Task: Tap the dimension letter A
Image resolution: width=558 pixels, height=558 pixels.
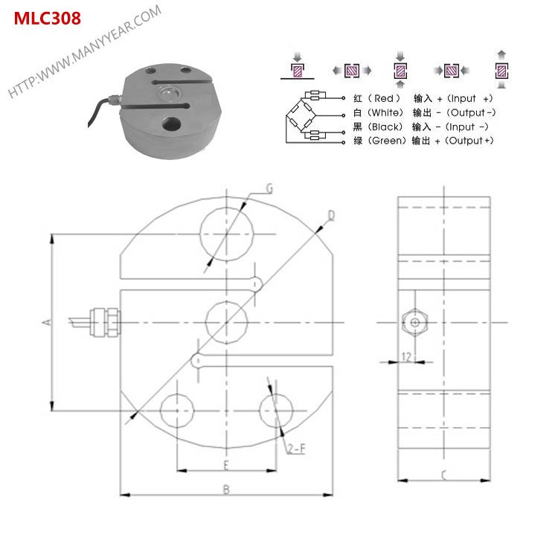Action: point(45,322)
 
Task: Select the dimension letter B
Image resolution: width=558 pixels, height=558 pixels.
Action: point(225,488)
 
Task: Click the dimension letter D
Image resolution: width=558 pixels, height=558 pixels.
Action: point(331,216)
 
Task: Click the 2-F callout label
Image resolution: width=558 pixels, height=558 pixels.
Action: point(296,448)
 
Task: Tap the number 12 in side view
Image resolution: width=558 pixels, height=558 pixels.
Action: point(406,356)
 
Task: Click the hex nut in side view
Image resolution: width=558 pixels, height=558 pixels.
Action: point(413,322)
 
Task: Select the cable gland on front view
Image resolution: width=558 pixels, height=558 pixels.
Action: point(102,321)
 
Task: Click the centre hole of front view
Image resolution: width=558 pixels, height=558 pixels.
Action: point(225,321)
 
